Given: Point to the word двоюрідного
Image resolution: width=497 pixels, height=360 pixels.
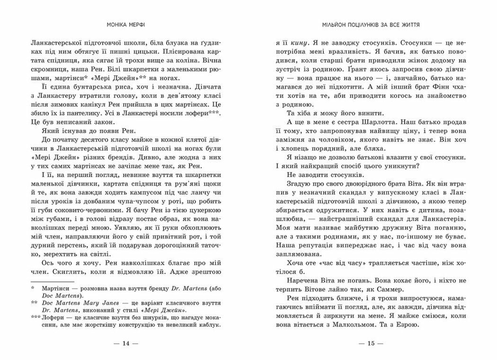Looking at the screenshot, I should [x=365, y=186].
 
